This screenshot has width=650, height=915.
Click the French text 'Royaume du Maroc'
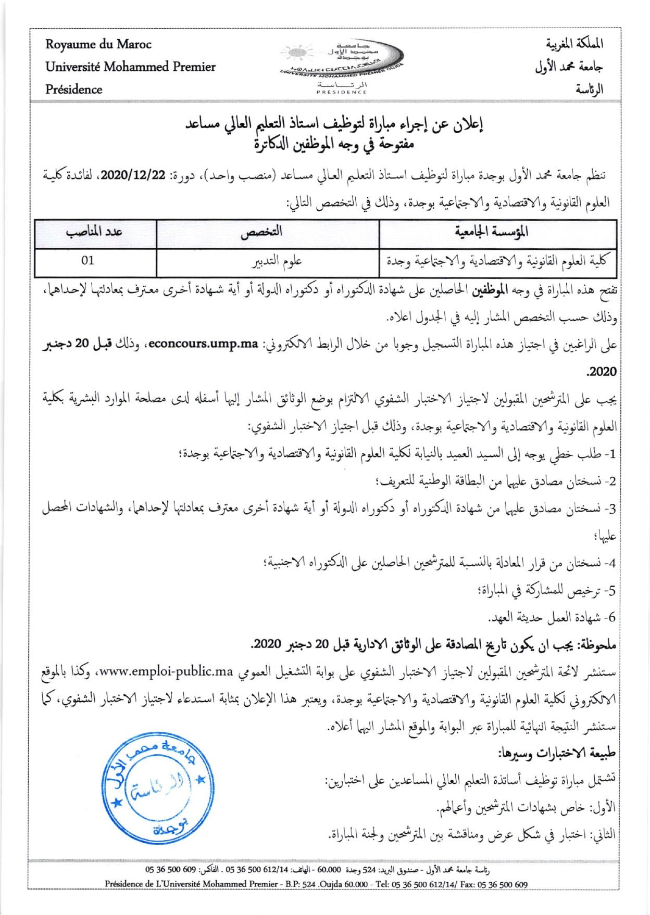(x=98, y=44)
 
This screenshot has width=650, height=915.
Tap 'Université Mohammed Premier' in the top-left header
(x=130, y=67)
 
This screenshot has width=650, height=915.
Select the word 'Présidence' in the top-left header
(x=73, y=89)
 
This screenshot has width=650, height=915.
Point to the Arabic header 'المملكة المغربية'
(x=574, y=44)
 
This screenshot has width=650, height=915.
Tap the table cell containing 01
(x=87, y=260)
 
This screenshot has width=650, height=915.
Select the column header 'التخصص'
(x=261, y=232)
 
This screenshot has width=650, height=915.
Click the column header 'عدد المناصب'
(x=94, y=232)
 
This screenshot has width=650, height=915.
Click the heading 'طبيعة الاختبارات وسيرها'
(x=557, y=753)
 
